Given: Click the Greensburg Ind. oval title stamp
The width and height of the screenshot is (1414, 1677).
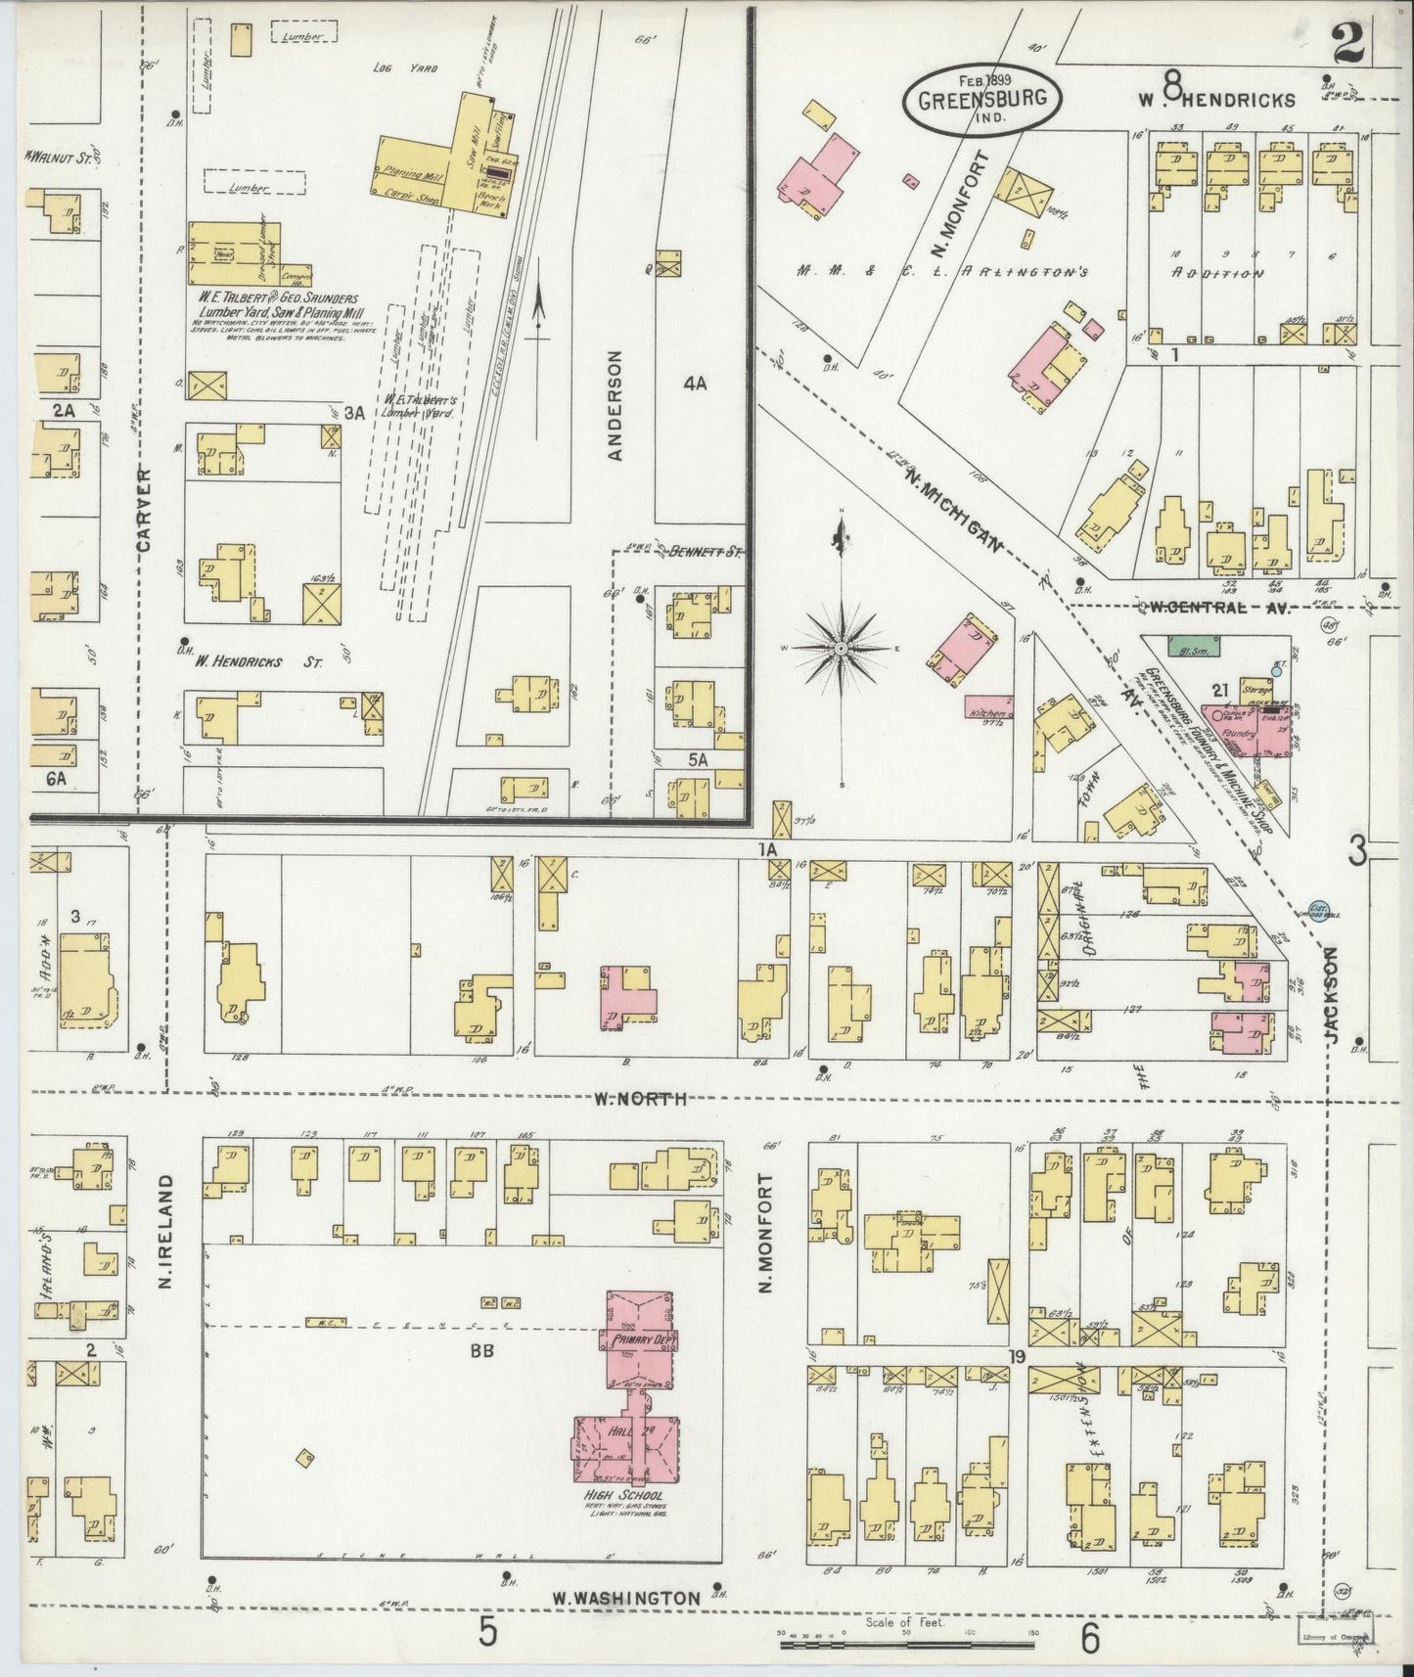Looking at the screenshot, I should click(977, 98).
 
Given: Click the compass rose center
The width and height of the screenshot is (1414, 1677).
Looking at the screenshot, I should click(842, 648).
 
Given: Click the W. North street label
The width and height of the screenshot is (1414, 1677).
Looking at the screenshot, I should click(641, 1099).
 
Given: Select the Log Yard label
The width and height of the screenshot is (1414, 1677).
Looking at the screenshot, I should click(404, 68).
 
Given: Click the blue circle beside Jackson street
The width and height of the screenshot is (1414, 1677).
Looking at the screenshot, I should click(1317, 910).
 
